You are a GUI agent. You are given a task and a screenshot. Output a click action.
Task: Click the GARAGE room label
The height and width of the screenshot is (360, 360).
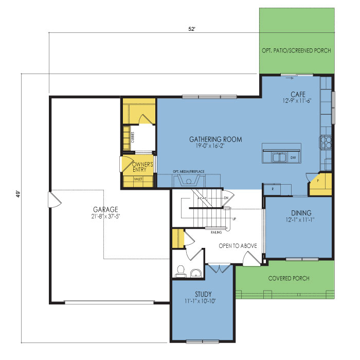coord(105,209)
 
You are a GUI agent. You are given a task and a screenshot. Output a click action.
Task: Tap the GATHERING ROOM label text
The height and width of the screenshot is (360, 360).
coord(215,139)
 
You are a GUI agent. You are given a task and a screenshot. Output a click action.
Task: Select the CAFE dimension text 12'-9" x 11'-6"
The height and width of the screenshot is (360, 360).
coord(297,101)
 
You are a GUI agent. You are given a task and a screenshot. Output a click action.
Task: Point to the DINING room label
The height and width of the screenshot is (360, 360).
coord(301,213)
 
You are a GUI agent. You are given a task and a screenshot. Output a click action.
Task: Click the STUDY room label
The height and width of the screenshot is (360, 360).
coord(203,294)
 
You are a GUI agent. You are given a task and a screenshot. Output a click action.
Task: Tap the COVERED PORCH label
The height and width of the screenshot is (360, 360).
coord(289,278)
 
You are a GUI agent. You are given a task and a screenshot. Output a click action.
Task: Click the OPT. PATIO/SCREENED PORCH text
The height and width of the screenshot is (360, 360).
coord(296,50)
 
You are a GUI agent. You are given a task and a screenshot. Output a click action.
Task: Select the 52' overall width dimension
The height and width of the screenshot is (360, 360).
coord(192,29)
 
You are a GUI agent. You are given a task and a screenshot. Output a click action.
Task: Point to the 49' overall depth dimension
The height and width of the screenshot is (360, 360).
coord(19,194)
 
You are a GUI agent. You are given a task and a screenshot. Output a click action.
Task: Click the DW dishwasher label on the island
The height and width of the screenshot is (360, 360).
coord(293,158)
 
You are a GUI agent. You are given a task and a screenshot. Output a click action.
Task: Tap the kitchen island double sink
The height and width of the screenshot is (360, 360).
coord(279,157)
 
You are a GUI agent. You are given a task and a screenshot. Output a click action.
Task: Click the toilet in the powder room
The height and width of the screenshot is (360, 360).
coord(181,271)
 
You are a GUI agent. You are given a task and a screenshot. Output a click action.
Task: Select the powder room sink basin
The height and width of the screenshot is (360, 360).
coord(196,273)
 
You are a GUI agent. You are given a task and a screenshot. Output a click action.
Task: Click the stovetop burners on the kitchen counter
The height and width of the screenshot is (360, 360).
coord(326,142)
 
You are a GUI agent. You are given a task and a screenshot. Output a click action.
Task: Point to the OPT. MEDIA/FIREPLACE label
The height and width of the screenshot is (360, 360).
coord(189,171)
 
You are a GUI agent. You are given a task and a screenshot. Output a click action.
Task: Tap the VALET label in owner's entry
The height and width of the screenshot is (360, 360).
coord(138,179)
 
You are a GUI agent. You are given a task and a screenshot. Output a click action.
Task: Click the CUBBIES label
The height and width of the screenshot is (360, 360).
coord(133,137)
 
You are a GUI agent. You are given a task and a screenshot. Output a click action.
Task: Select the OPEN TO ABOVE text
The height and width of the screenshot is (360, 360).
coord(238,246)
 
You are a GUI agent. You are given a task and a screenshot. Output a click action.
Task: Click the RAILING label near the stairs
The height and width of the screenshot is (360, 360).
coord(217,232)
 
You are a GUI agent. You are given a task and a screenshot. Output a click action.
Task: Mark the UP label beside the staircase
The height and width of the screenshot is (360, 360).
coord(234,219)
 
